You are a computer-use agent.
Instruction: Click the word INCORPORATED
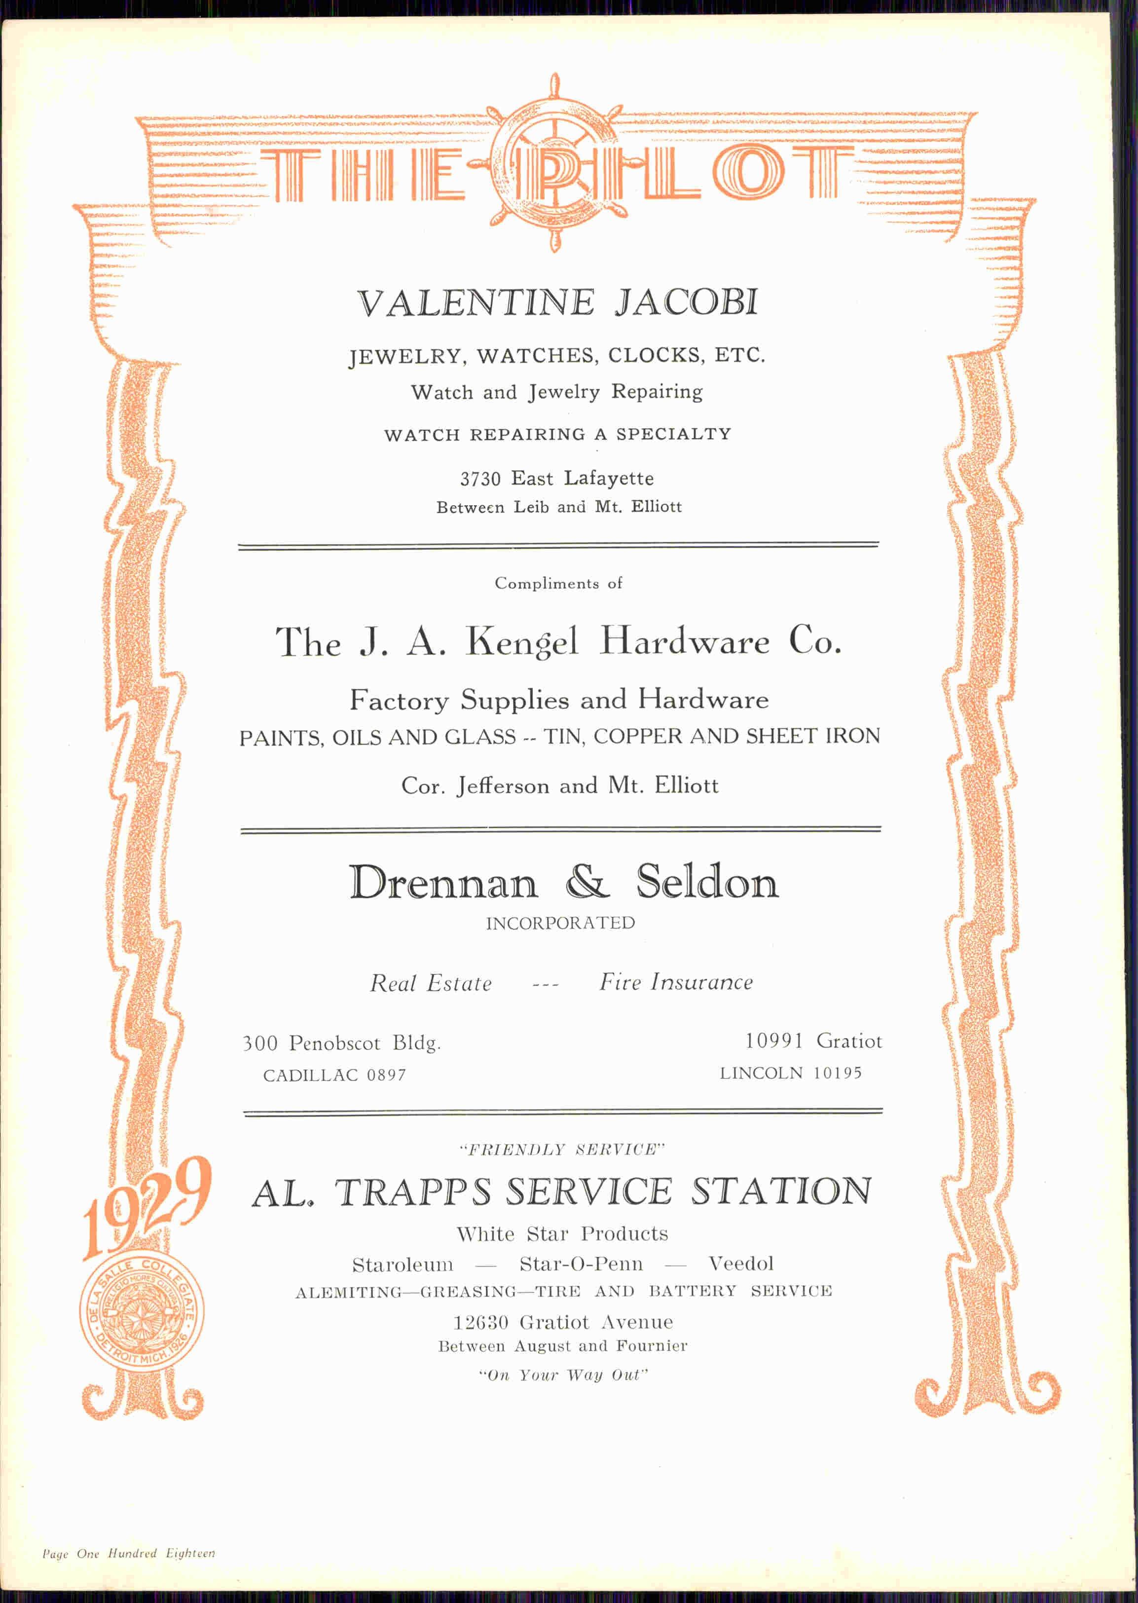[x=560, y=923]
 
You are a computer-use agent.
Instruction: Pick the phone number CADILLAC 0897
[x=334, y=1075]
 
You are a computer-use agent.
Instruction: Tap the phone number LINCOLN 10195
[x=790, y=1073]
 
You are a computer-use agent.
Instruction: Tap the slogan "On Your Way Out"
[x=563, y=1375]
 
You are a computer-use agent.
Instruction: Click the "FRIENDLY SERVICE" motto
[x=561, y=1150]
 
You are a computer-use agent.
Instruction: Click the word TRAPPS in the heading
[x=413, y=1193]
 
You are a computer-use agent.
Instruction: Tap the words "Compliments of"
[x=558, y=583]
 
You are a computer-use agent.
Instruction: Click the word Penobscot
[x=335, y=1044]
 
